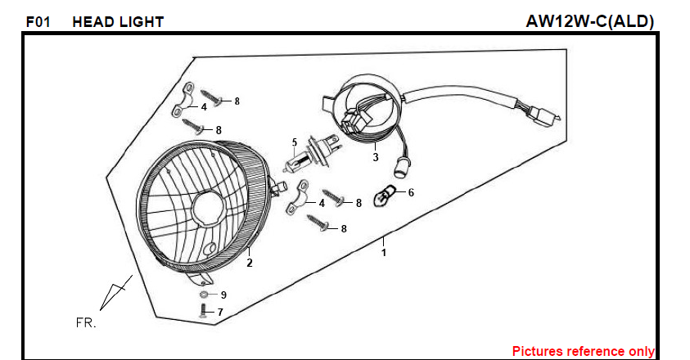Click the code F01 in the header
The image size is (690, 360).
pyautogui.click(x=38, y=21)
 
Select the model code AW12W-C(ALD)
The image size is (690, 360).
pyautogui.click(x=589, y=21)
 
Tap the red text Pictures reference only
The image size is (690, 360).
pyautogui.click(x=583, y=351)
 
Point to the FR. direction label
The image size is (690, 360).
pyautogui.click(x=86, y=322)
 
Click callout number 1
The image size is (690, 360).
pyautogui.click(x=384, y=253)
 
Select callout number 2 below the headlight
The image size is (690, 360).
pyautogui.click(x=250, y=263)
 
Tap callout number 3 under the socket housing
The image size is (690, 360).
pyautogui.click(x=376, y=157)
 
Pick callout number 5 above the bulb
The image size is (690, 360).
pyautogui.click(x=295, y=142)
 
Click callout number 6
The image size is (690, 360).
pyautogui.click(x=411, y=192)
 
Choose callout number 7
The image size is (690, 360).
pyautogui.click(x=220, y=312)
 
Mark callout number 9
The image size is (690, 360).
pyautogui.click(x=223, y=295)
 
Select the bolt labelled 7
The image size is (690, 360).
pyautogui.click(x=203, y=311)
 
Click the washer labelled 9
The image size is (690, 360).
pyautogui.click(x=204, y=294)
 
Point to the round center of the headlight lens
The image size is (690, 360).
pyautogui.click(x=208, y=208)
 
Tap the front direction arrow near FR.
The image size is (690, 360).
pyautogui.click(x=115, y=293)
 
